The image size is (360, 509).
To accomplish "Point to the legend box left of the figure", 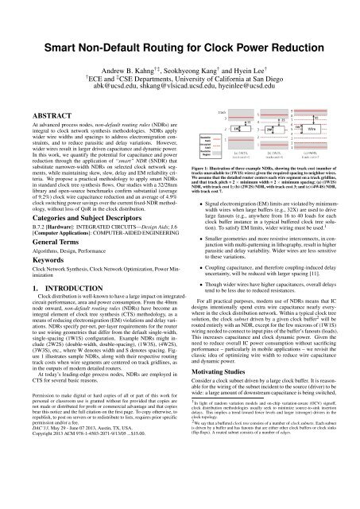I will (x=192, y=141).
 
